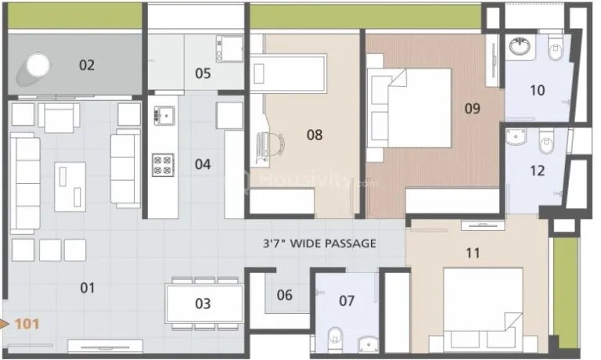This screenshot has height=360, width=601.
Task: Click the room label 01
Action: (87, 288)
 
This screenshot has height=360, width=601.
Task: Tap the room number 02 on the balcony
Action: (86, 65)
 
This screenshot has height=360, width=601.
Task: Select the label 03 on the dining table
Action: (203, 304)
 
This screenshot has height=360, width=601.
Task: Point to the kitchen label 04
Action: (203, 164)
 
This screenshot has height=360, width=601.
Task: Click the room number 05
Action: (203, 74)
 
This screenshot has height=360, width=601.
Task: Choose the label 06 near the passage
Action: (285, 295)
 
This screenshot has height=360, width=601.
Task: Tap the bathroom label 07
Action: (347, 301)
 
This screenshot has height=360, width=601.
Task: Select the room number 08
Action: (314, 135)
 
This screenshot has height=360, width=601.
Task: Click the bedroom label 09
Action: (472, 109)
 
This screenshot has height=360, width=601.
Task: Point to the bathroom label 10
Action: (537, 90)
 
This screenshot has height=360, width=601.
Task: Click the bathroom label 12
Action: (537, 169)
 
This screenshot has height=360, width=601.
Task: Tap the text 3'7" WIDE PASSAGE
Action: (319, 243)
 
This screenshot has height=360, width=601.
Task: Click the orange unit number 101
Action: (26, 322)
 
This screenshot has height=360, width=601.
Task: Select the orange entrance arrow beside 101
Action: (6, 322)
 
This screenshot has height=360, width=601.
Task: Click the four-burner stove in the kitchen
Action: (163, 163)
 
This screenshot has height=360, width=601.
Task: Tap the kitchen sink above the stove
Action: (164, 116)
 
